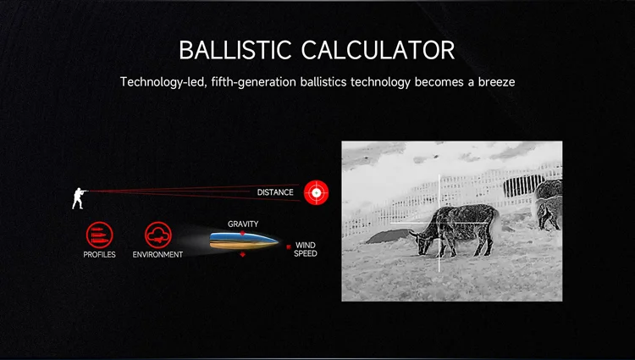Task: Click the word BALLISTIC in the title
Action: point(235,50)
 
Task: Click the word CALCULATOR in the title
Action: point(378,50)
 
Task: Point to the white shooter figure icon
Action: point(80,198)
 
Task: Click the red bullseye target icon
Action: point(317,193)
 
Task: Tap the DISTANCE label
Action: point(275,192)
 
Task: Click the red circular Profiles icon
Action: point(99,235)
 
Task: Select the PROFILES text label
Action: point(99,255)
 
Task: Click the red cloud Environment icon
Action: point(158,235)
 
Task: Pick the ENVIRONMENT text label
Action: point(157,255)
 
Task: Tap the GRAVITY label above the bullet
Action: point(243,224)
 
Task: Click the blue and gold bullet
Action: point(244,241)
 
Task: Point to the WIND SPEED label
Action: point(306,249)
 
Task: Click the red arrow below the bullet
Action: point(243,254)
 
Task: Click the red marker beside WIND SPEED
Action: point(289,246)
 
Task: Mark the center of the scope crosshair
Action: point(439,223)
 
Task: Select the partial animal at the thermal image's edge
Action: point(549,204)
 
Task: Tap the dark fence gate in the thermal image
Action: point(523,186)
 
